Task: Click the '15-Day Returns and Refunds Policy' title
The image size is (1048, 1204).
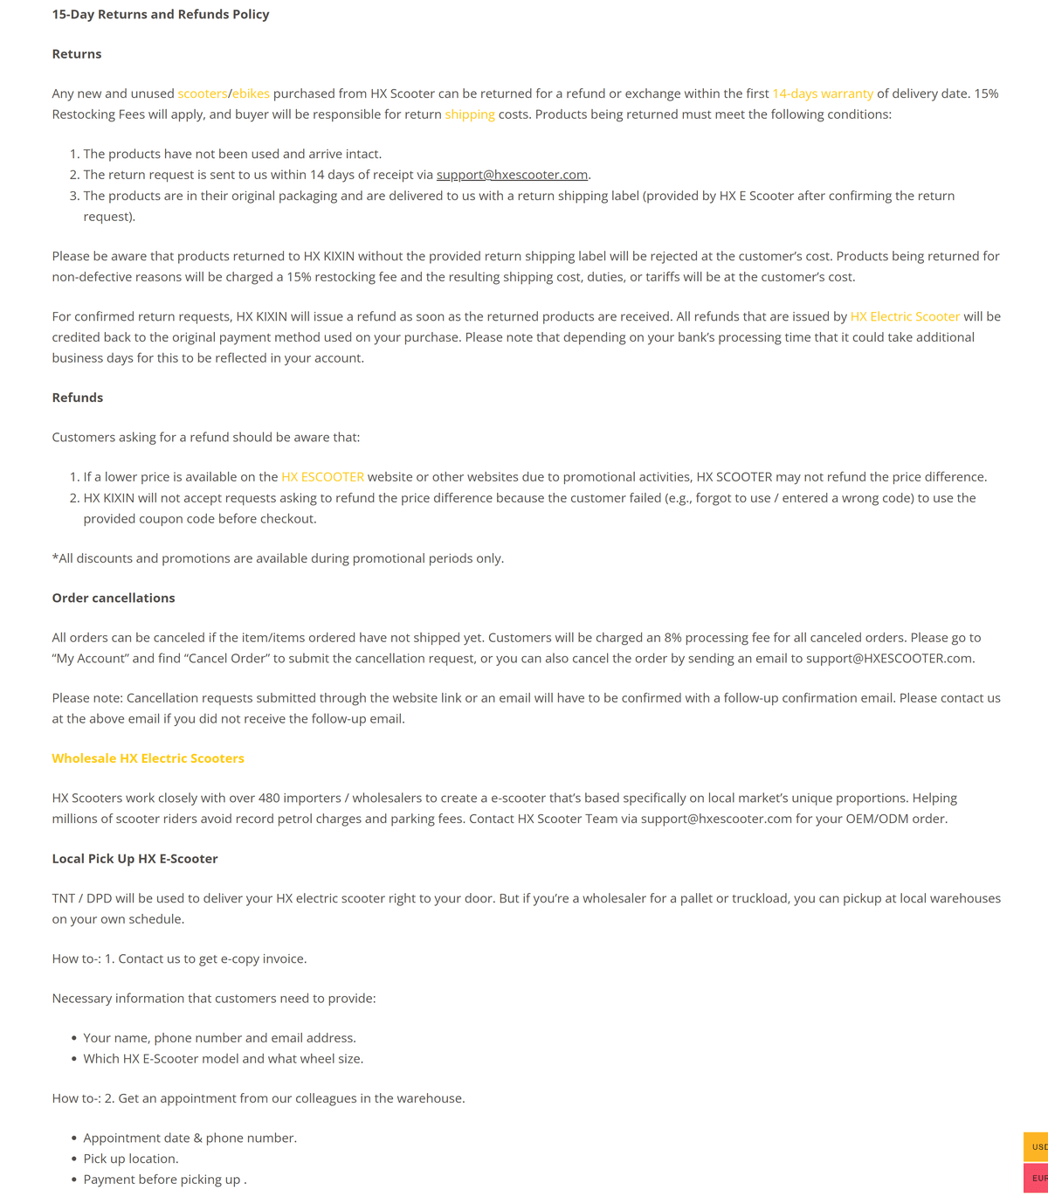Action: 161,14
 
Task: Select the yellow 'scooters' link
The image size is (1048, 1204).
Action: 202,93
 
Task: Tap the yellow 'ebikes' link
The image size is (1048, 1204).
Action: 251,93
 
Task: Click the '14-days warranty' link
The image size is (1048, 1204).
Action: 823,93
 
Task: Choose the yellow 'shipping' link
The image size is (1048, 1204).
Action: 470,114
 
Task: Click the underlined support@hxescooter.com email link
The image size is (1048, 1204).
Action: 512,175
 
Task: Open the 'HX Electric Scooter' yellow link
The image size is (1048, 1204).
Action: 905,316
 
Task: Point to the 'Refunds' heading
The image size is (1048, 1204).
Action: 78,398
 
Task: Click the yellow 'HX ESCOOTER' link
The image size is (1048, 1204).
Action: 322,477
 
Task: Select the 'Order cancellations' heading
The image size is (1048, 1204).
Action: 114,598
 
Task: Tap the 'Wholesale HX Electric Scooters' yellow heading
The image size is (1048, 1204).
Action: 148,758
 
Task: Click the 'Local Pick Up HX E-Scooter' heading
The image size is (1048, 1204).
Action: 134,859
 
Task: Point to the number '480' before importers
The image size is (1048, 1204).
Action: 270,798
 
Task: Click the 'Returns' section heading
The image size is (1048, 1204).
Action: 77,54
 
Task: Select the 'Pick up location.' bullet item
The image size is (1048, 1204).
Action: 131,1159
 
